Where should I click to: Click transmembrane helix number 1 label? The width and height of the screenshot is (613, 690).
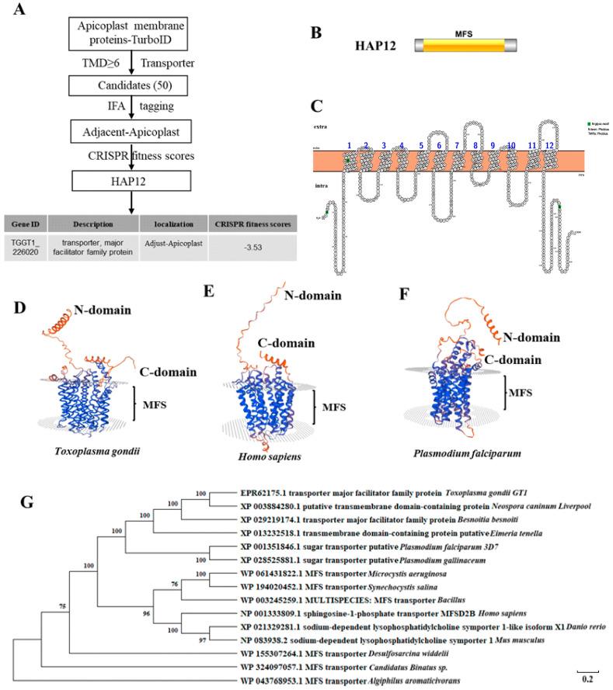[x=350, y=145]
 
